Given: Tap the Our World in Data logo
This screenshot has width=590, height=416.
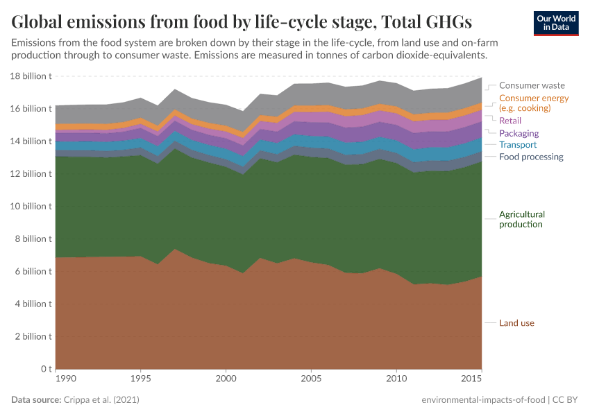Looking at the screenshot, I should point(555,23).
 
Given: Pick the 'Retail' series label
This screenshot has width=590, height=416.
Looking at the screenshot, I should point(510,121).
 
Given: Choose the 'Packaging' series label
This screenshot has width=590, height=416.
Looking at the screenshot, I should point(519,133).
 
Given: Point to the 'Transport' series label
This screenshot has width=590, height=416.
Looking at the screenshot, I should point(518,145).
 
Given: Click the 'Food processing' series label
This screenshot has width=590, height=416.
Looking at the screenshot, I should point(531,157).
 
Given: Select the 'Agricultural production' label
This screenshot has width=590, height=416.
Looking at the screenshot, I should point(522,219).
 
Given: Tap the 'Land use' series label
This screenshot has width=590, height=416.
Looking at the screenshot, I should point(516,323).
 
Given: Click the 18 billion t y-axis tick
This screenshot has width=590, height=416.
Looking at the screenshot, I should point(31,76).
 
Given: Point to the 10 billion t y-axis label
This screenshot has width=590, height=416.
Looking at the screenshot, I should point(31,207).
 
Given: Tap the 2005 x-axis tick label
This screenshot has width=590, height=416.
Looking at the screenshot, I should point(311,379).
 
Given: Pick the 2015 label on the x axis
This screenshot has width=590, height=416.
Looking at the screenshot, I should point(472,379).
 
